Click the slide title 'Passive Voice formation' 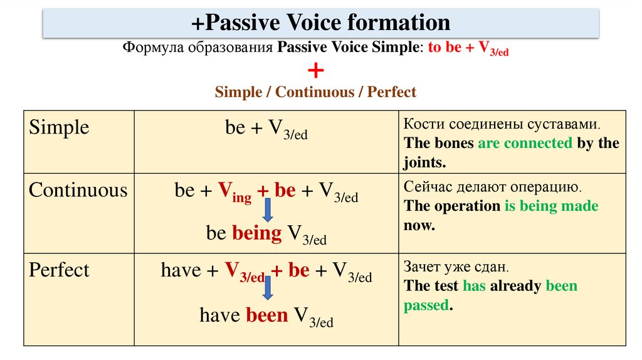point(321,23)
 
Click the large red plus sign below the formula point(316,71)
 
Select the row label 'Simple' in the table point(60,128)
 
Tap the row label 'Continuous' point(78,191)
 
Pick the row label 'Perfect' point(60,270)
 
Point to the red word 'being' point(257,233)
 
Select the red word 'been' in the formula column point(266,314)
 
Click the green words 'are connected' point(525,143)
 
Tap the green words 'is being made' point(551,206)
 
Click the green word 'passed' point(426,306)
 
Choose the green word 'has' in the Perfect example point(474,287)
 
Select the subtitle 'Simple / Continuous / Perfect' point(315,92)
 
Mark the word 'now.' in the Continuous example point(419,226)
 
